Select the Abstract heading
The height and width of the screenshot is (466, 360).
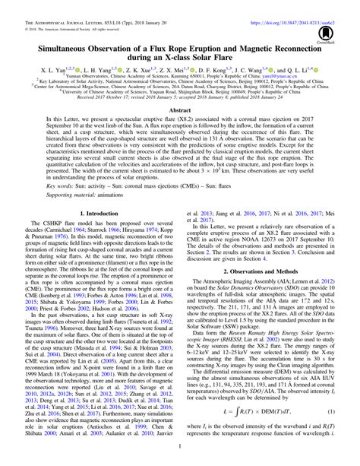179,131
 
